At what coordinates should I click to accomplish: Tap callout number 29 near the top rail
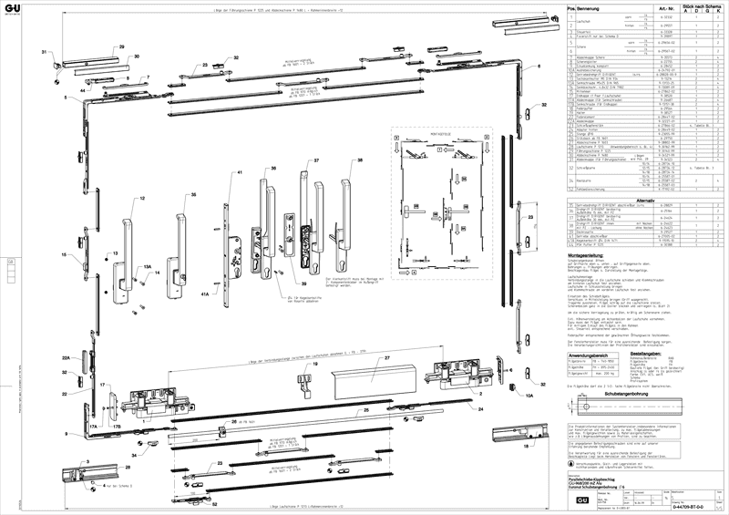(x=119, y=45)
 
